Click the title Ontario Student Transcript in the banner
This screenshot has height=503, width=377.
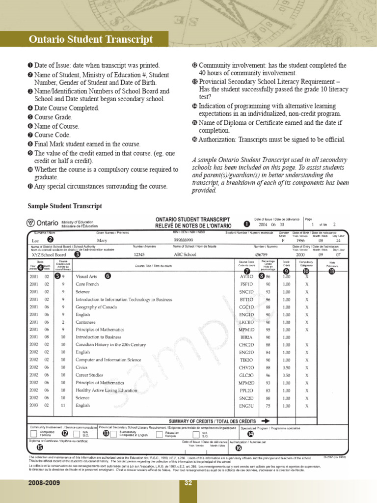[91, 39]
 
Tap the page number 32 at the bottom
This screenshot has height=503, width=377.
[188, 483]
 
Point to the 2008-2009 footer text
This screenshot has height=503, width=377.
[44, 483]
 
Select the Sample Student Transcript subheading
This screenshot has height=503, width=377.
[65, 206]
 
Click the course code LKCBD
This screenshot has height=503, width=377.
[246, 322]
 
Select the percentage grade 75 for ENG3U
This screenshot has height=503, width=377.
[269, 406]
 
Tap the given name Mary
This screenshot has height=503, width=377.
[102, 241]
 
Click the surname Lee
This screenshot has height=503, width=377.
[35, 241]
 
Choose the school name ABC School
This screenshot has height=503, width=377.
[185, 255]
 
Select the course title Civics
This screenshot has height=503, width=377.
[81, 367]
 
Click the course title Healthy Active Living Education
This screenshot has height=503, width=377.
[107, 391]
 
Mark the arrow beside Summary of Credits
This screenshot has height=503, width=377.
[266, 421]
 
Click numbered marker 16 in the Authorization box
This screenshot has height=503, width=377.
[239, 447]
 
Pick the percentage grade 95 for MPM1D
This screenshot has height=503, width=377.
[269, 330]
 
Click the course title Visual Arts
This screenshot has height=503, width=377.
[86, 277]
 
